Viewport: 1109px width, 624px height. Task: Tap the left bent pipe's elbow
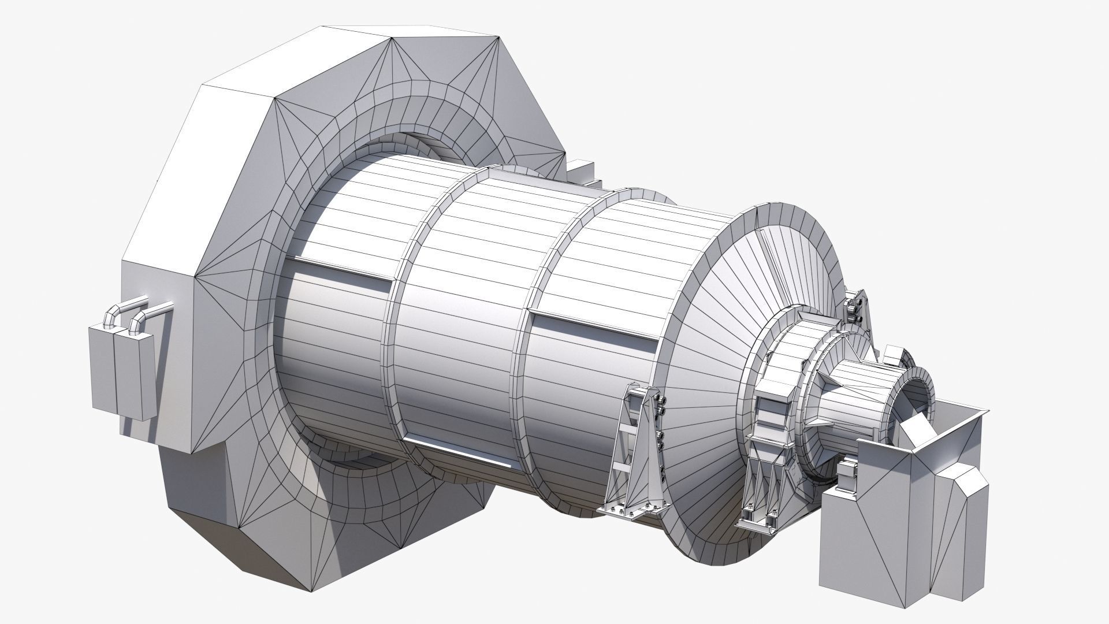tap(110, 315)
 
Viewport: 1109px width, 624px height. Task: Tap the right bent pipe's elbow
tap(137, 318)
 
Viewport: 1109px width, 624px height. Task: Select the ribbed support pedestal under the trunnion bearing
tap(762, 462)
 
